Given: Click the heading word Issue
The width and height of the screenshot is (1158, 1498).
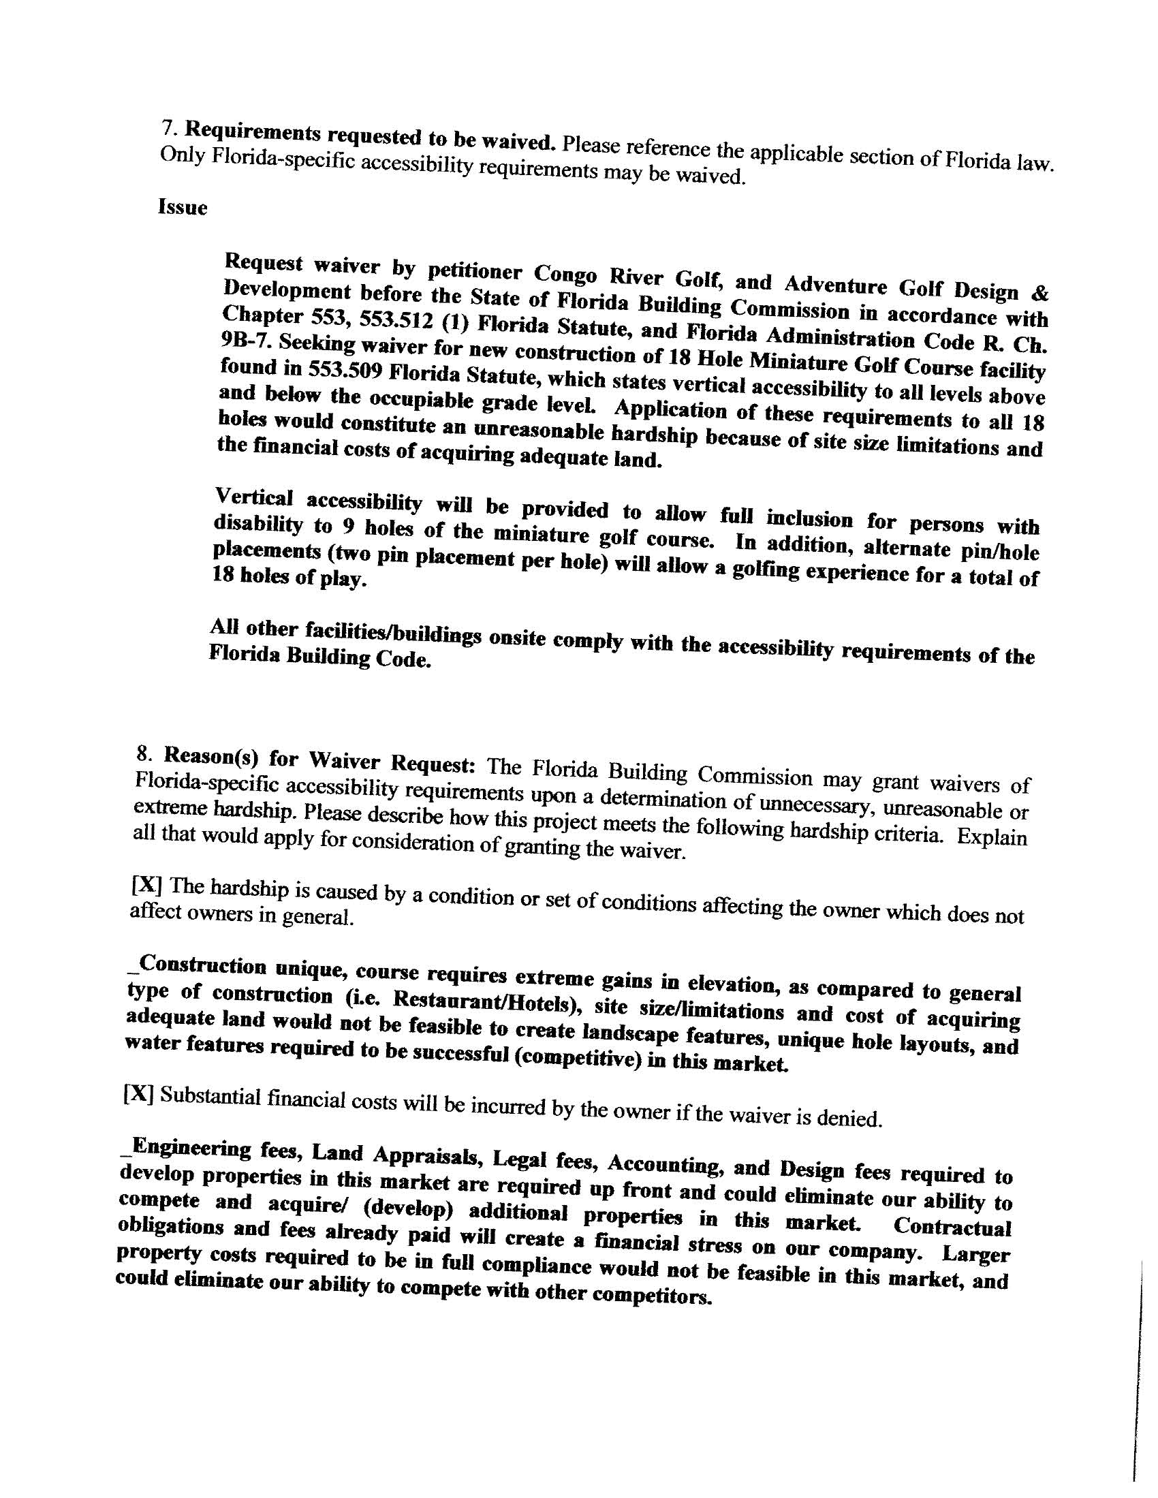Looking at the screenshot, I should (x=182, y=207).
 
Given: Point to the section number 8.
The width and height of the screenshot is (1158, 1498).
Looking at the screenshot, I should (x=143, y=755).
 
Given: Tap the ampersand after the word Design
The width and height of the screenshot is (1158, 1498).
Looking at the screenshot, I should (x=1040, y=294).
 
